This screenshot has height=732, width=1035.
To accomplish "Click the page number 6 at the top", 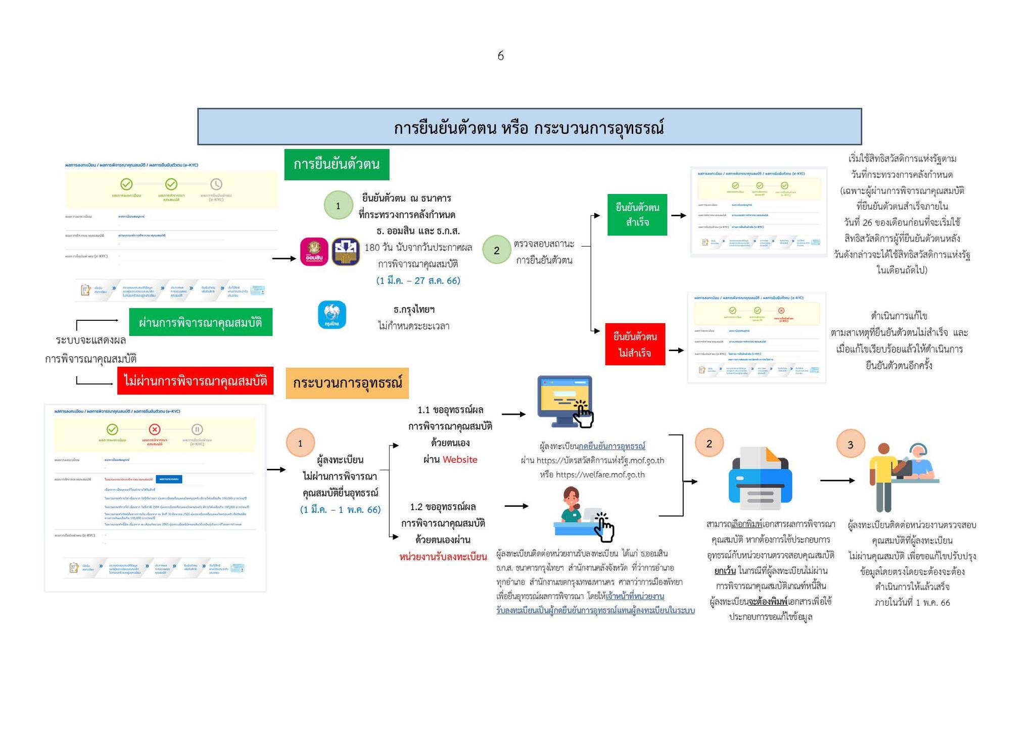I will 500,56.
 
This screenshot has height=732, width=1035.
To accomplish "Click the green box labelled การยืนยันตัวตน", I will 337,165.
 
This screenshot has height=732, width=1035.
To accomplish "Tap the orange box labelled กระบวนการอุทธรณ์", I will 347,382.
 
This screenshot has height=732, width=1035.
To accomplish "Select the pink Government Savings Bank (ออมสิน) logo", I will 314,252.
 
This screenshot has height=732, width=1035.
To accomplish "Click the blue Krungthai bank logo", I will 332,314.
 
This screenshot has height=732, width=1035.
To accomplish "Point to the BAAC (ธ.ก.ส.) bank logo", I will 346,252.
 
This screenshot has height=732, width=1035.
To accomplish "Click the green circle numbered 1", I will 338,205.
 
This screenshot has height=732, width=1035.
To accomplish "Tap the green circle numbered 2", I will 496,250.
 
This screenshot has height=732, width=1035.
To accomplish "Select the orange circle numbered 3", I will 850,444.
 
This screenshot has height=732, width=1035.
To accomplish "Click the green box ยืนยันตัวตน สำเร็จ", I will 637,215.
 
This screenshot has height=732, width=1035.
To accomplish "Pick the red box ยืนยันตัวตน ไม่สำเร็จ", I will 635,344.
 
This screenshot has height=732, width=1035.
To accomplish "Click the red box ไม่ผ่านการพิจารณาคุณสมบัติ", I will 195,380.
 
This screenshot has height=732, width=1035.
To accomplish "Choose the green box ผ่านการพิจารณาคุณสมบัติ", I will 201,322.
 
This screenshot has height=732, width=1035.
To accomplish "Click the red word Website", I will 460,459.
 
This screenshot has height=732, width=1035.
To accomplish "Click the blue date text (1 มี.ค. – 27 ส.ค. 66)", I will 418,280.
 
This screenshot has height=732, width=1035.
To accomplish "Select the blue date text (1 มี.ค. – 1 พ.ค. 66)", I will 340,509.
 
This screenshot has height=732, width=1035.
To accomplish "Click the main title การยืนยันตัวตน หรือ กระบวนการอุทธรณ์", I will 529,127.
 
